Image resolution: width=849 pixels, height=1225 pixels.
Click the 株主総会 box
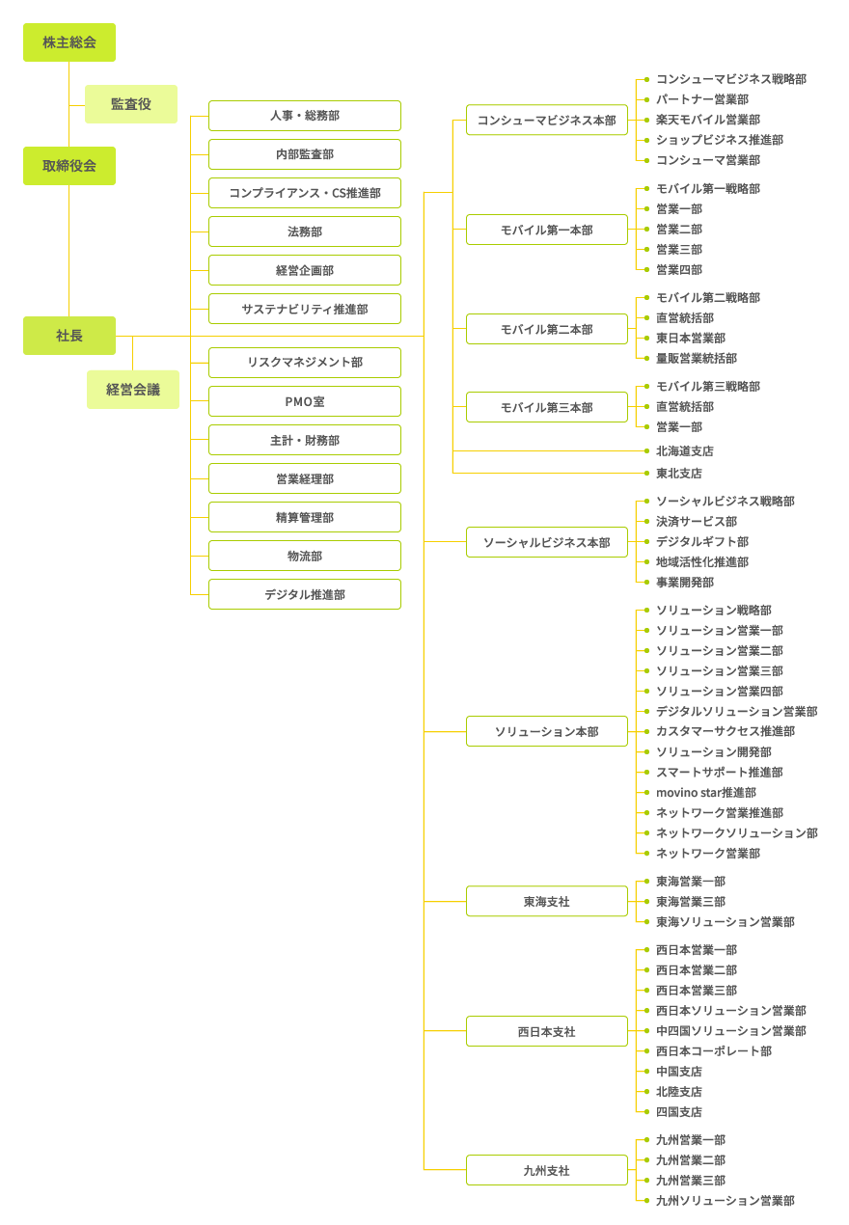coord(68,42)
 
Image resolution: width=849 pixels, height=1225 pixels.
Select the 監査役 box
coord(131,104)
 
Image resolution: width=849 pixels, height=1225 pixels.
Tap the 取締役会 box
coord(68,166)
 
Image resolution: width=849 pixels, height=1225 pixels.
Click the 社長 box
coord(68,336)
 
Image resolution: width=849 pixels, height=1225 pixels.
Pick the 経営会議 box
coord(133,390)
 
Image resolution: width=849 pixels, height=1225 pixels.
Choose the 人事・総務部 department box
coord(305,116)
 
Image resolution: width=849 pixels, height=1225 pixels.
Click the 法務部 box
coord(305,231)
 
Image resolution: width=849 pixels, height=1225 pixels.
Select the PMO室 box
coord(305,401)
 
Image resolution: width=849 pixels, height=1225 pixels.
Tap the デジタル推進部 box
coord(305,594)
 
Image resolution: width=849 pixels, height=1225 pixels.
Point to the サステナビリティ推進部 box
coord(305,309)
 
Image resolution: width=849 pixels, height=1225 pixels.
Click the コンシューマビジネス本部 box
coord(546,120)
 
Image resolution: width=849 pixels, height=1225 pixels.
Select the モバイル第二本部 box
coord(546,329)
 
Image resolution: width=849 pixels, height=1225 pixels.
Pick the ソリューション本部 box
coord(546,731)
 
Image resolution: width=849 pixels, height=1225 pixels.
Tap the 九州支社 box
coord(546,1170)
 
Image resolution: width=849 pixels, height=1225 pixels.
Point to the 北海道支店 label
coord(685,451)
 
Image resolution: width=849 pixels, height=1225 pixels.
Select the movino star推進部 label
coord(706,793)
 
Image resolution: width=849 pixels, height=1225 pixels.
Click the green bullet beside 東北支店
coord(646,473)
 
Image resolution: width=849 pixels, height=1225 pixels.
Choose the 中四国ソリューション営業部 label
coord(731,1031)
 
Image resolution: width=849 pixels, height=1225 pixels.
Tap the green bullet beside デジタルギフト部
coord(646,541)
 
